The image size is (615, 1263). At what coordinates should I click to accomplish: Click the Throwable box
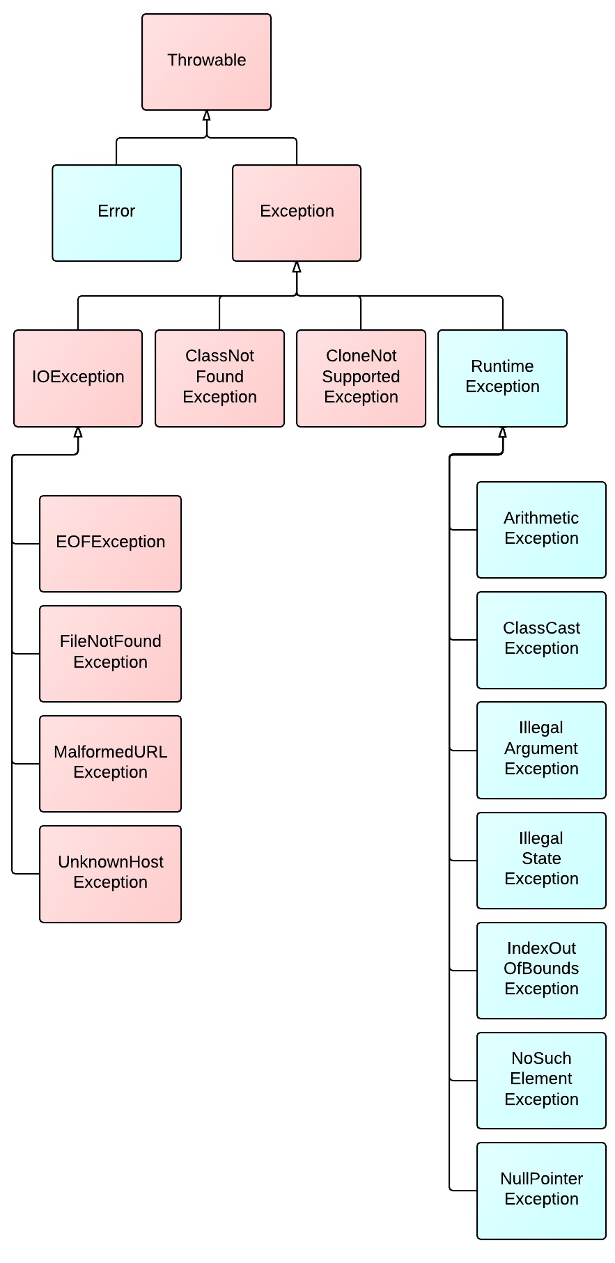click(206, 62)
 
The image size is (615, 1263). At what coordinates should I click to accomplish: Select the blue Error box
click(116, 213)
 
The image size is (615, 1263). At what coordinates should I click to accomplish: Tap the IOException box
click(78, 378)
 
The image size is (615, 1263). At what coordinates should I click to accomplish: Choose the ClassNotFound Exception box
click(219, 378)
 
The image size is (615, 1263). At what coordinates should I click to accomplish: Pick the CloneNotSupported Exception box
click(361, 378)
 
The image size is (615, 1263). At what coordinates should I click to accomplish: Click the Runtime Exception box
click(502, 378)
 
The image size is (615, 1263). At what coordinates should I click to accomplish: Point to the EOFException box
click(110, 544)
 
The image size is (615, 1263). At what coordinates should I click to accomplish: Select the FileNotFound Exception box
click(110, 654)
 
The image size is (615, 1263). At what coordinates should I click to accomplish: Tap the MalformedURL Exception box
click(110, 764)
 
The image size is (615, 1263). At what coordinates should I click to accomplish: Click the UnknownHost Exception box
click(110, 874)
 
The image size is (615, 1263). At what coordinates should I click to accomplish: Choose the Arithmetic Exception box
click(541, 530)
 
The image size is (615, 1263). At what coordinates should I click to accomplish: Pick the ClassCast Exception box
click(541, 640)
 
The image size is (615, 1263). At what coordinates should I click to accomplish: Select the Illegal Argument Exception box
click(541, 750)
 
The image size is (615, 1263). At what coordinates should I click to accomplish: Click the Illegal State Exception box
click(541, 860)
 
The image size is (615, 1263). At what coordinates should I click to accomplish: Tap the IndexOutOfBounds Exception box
click(541, 970)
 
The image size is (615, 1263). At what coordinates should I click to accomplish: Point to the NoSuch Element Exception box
click(541, 1080)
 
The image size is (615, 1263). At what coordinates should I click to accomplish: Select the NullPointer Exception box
click(541, 1191)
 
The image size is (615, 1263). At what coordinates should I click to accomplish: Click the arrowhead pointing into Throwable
click(206, 116)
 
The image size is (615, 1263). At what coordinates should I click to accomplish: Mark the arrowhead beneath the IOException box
click(78, 432)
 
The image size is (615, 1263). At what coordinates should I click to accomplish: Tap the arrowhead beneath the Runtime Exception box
click(502, 432)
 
